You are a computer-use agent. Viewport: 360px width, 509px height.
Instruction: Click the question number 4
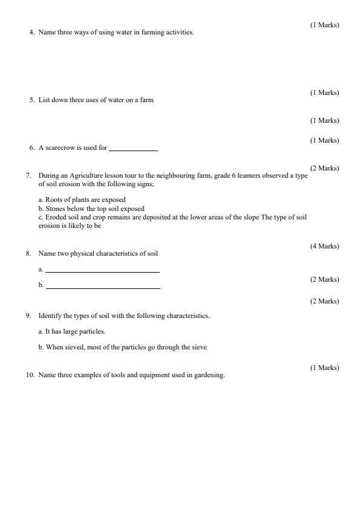[31, 32]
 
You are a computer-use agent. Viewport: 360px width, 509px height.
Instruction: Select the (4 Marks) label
[324, 246]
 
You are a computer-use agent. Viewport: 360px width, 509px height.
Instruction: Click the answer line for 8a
[102, 271]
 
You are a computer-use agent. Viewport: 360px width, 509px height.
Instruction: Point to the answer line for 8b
[102, 288]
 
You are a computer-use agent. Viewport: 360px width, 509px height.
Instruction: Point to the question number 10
[30, 375]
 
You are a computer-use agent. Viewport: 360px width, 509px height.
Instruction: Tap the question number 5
[31, 100]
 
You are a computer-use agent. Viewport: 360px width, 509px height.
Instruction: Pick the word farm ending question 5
[147, 100]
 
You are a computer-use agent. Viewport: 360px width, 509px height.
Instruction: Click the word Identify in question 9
[49, 316]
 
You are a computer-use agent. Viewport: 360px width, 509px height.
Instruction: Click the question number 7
[28, 175]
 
